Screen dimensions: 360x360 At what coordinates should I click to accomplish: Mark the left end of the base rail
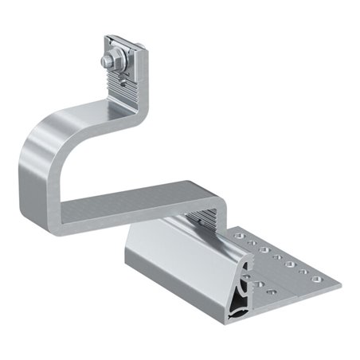(131, 247)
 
